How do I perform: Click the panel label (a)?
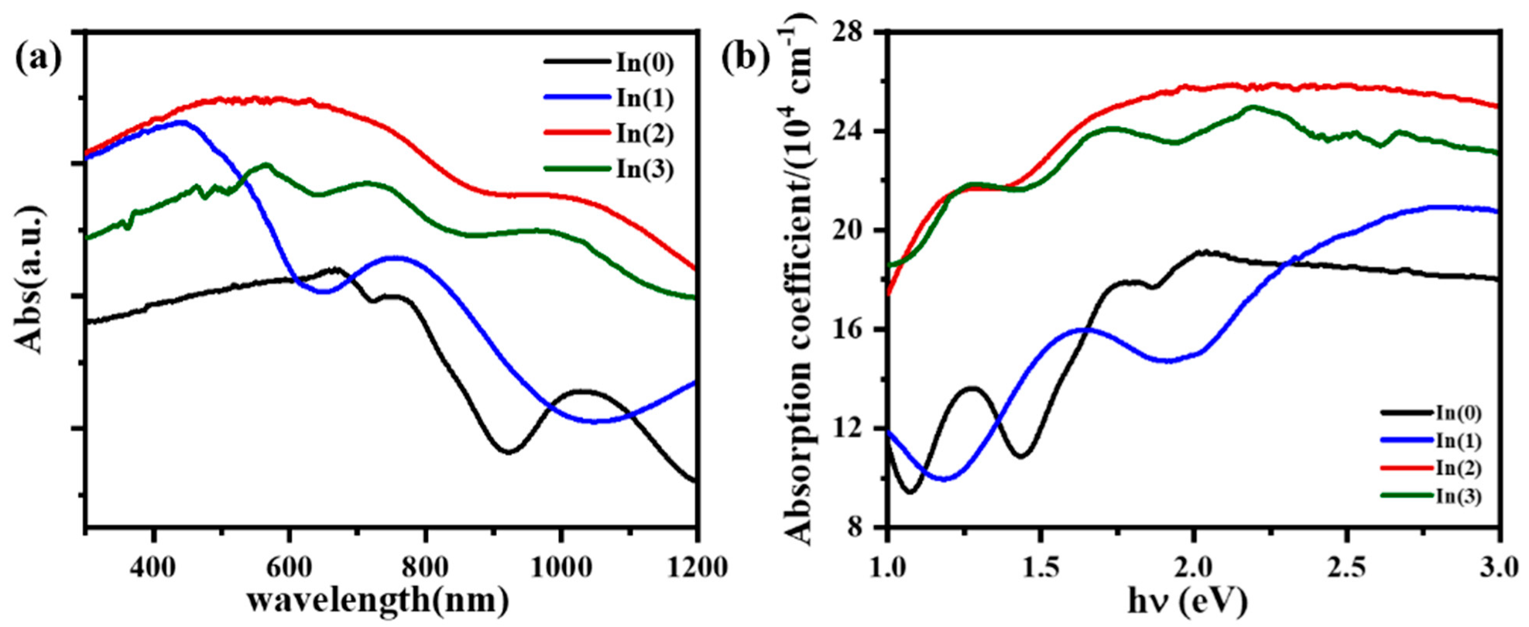(38, 57)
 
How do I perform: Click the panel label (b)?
(745, 57)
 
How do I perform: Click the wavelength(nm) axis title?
(378, 600)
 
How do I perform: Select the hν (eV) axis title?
(1192, 600)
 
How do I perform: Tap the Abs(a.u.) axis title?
(31, 279)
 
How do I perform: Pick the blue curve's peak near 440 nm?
(183, 122)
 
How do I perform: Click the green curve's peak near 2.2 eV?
(1253, 107)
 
